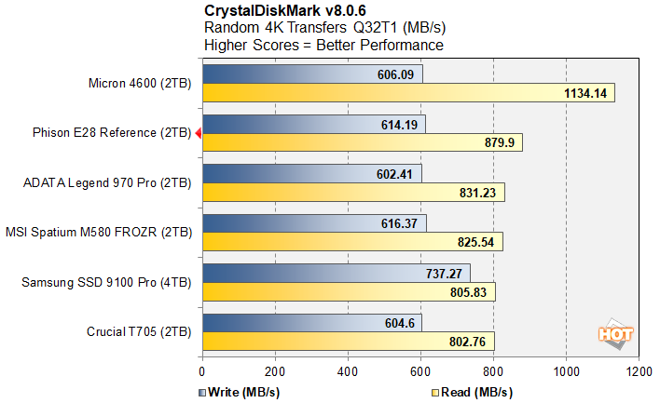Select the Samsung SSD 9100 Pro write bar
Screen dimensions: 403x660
pos(336,273)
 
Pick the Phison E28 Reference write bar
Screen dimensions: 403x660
pos(313,124)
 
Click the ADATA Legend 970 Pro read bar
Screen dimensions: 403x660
pos(352,192)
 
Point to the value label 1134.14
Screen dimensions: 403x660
pos(585,92)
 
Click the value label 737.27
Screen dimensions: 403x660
pos(442,273)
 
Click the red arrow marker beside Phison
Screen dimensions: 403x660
pos(198,133)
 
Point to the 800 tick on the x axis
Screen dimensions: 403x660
pos(493,369)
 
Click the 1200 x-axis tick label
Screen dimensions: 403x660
pos(639,369)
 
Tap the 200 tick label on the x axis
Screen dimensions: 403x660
pos(275,369)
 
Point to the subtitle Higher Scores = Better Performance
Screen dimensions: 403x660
pos(323,44)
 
